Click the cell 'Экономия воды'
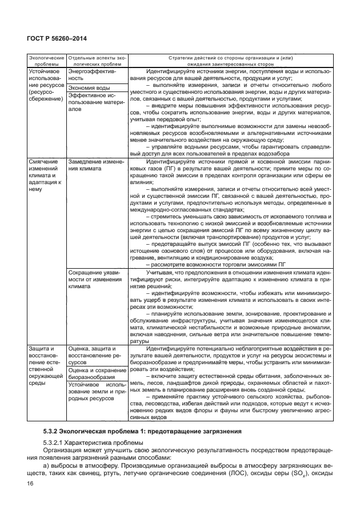(x=89, y=87)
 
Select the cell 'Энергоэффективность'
(x=92, y=75)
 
